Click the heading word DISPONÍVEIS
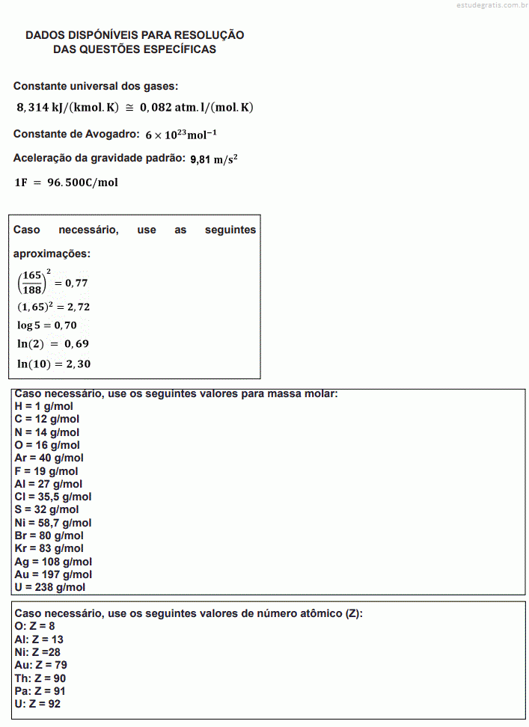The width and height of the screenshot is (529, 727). (x=99, y=35)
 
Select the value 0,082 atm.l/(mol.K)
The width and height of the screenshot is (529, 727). (x=197, y=107)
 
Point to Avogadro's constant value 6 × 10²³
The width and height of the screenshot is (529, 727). (x=183, y=135)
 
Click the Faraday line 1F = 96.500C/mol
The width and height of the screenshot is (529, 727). (x=66, y=182)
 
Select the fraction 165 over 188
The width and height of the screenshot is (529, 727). (x=31, y=283)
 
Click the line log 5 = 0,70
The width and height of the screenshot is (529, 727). (x=46, y=325)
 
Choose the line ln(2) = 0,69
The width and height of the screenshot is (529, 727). (x=53, y=344)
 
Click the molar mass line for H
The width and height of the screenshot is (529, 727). (x=43, y=406)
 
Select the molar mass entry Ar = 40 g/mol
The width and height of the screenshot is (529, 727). (x=49, y=458)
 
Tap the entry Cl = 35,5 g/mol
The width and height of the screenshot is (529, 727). (x=52, y=497)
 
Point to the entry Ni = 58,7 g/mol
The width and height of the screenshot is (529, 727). (x=52, y=523)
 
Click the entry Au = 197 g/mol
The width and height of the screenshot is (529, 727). (x=53, y=574)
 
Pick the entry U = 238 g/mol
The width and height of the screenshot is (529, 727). (x=49, y=587)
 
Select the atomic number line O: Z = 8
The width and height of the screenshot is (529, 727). (x=34, y=626)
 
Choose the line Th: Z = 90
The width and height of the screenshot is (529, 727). (x=40, y=678)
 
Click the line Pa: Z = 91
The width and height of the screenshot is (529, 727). (x=40, y=691)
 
